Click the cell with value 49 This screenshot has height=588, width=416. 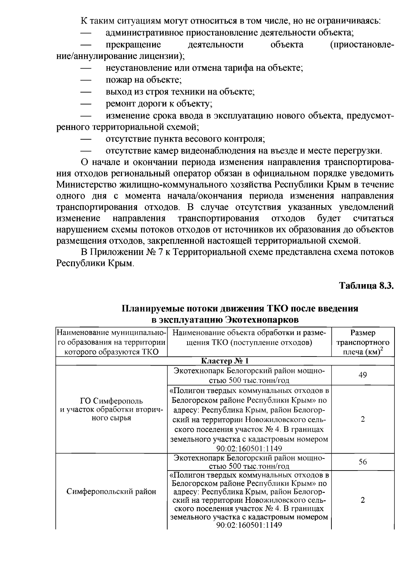point(363,375)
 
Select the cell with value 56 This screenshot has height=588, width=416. point(363,462)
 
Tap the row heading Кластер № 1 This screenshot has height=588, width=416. point(225,361)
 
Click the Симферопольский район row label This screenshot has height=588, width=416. point(111,491)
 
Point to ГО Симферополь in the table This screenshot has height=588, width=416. point(111,401)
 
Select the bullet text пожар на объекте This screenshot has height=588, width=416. point(144,80)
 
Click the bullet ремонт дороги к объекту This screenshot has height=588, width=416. point(159,104)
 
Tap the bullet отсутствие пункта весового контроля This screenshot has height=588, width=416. point(185,139)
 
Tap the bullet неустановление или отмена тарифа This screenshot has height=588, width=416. point(204,68)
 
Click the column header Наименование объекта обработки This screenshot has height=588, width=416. point(249,337)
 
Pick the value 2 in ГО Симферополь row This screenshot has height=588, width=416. point(363,419)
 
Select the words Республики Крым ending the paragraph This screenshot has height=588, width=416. point(95,263)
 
